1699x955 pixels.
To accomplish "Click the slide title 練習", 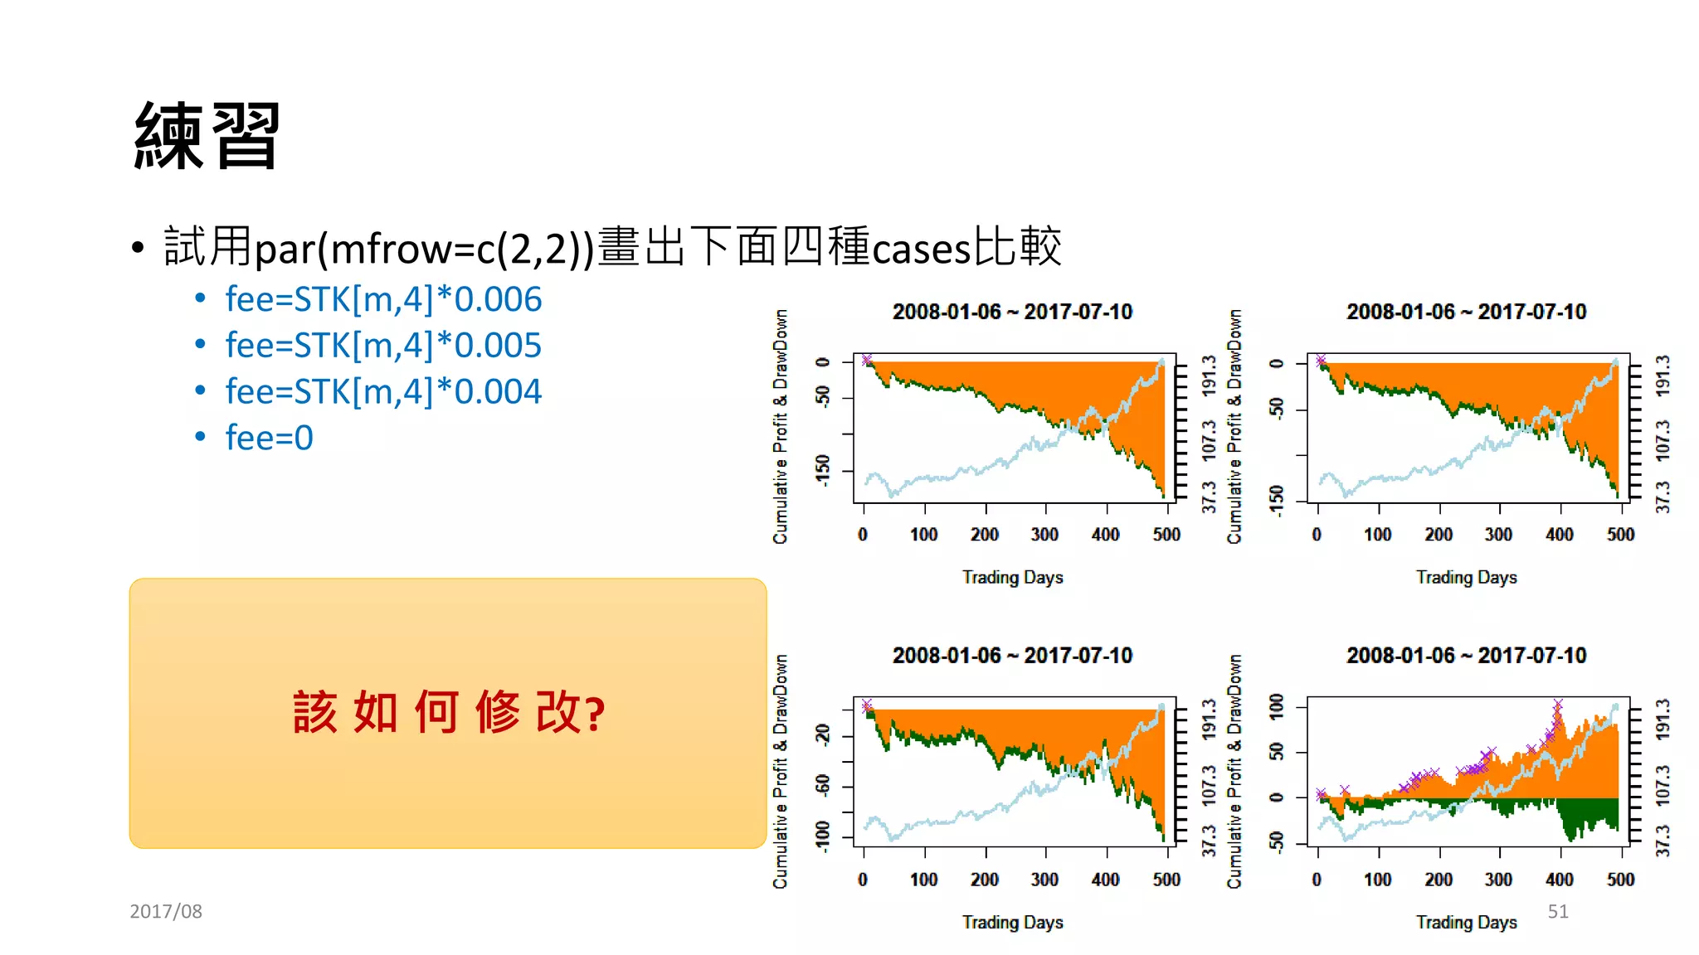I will [207, 137].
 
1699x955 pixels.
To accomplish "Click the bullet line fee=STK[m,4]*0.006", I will [382, 299].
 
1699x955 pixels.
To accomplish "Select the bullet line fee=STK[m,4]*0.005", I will [382, 346].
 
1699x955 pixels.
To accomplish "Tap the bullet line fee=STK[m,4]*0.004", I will [382, 391].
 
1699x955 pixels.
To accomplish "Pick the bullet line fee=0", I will [269, 438].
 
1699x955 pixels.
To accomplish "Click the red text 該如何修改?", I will [449, 712].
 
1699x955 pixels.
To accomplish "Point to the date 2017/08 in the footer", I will [166, 911].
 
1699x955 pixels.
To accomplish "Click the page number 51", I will [1557, 911].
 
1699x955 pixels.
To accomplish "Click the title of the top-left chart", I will [1012, 312].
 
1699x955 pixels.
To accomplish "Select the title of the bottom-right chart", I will [1466, 656].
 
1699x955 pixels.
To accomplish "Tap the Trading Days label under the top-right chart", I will [1466, 577].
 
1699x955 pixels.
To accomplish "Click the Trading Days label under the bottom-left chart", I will [1012, 922].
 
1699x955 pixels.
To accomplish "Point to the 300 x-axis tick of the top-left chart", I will [1044, 535].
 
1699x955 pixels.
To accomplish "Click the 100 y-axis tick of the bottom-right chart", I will [1276, 706].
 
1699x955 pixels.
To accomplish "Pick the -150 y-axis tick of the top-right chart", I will [1276, 499].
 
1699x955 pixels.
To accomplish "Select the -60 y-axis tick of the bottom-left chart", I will [822, 784].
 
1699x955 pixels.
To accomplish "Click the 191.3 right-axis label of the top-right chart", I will [1662, 376].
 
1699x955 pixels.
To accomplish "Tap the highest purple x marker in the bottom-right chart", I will [1558, 704].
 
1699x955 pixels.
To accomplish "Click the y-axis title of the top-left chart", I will [780, 426].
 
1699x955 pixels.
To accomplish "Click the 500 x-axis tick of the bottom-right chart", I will [1620, 880].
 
